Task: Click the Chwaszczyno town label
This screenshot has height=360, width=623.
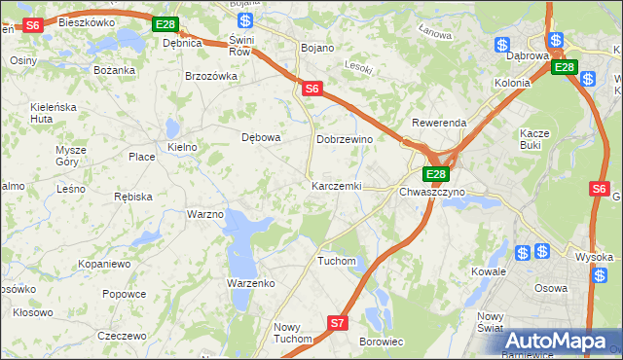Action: tap(432, 192)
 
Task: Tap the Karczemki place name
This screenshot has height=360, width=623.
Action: tap(337, 186)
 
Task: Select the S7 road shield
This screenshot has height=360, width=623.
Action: tap(337, 322)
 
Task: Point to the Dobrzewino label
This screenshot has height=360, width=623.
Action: tap(346, 139)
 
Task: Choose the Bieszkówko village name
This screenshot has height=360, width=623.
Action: tap(87, 21)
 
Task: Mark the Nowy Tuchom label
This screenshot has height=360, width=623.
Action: tap(293, 333)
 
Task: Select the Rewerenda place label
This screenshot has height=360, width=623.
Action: tap(439, 124)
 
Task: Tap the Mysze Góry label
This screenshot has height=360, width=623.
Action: tap(71, 156)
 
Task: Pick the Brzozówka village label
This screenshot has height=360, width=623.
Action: tap(211, 76)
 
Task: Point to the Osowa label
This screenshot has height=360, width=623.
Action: tap(551, 287)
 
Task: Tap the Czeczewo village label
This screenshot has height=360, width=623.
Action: tap(122, 335)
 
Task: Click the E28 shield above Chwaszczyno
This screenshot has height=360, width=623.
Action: tap(435, 174)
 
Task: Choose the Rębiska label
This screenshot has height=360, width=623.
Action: tap(133, 197)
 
